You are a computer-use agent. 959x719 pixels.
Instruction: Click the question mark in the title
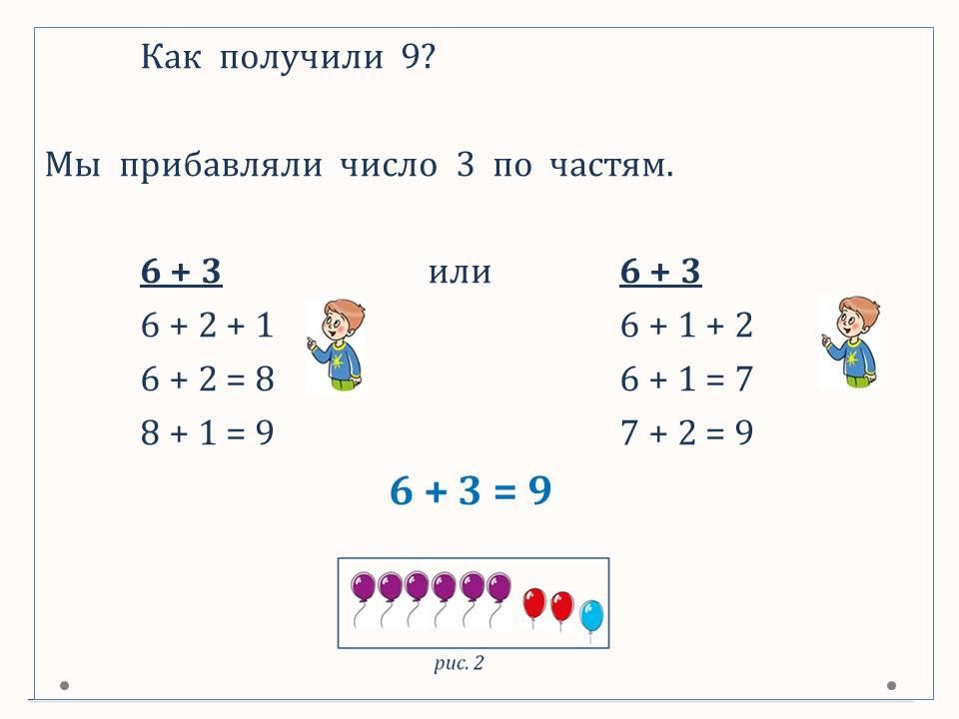pos(428,56)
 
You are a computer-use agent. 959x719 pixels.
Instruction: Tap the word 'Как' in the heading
pos(171,56)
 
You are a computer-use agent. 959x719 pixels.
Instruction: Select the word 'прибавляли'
pos(220,165)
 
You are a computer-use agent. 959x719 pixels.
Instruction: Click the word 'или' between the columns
pos(460,272)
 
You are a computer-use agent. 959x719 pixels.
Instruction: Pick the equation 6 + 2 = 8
pos(208,378)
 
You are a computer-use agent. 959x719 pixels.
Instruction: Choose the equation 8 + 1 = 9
pos(208,432)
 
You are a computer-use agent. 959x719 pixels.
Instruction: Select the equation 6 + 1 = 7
pos(686,378)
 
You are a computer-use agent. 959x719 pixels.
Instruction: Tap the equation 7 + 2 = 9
pos(686,432)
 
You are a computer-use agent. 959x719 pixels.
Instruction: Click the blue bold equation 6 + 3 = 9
pos(471,490)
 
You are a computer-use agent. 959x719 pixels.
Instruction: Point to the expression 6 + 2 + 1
pos(207,325)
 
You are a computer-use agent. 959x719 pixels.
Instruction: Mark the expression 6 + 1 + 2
pos(686,325)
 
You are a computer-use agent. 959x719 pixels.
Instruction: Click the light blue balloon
pos(591,616)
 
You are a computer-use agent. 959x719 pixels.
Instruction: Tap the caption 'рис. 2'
pos(459,663)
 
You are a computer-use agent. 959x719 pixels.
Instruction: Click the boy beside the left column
pos(337,345)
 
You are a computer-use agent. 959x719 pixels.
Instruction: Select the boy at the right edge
pos(851,342)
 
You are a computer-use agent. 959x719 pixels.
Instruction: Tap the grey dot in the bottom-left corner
pos(64,685)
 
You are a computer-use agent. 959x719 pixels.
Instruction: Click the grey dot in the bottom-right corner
pos(892,685)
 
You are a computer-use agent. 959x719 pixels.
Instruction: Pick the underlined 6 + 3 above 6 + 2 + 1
pos(181,271)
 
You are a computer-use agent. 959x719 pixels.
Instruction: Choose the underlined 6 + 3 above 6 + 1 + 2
pos(660,271)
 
